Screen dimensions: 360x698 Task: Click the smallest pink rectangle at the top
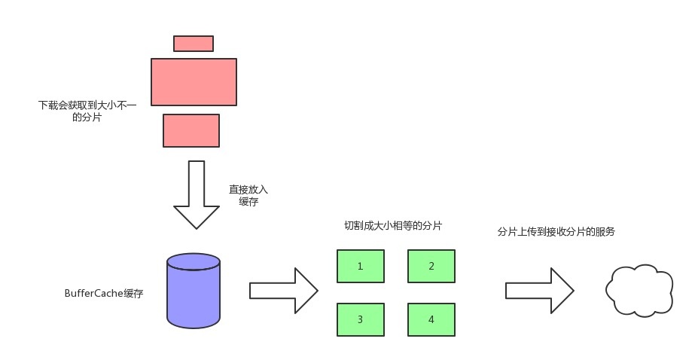[x=194, y=44]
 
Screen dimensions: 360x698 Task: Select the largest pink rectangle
[x=194, y=82]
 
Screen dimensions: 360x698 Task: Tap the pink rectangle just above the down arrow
[x=191, y=130]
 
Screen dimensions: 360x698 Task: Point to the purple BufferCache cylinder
[x=194, y=293]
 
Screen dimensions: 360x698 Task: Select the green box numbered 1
[x=360, y=266]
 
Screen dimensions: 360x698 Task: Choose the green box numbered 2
[x=431, y=266]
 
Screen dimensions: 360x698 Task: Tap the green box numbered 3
[x=360, y=319]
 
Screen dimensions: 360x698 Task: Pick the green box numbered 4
[x=431, y=319]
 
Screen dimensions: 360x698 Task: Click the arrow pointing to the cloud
[x=540, y=290]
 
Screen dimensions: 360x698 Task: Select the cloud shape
[x=639, y=290]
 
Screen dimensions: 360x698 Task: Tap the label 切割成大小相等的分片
[x=392, y=226]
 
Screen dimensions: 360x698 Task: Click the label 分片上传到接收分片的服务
[x=556, y=232]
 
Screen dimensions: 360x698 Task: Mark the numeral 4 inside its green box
[x=431, y=319]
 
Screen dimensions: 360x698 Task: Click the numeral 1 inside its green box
[x=360, y=266]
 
